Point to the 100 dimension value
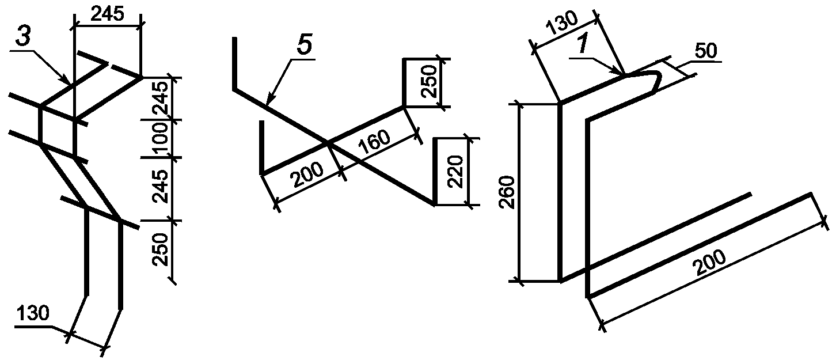(x=159, y=138)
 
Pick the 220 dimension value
(x=455, y=172)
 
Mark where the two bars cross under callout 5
(x=328, y=142)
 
